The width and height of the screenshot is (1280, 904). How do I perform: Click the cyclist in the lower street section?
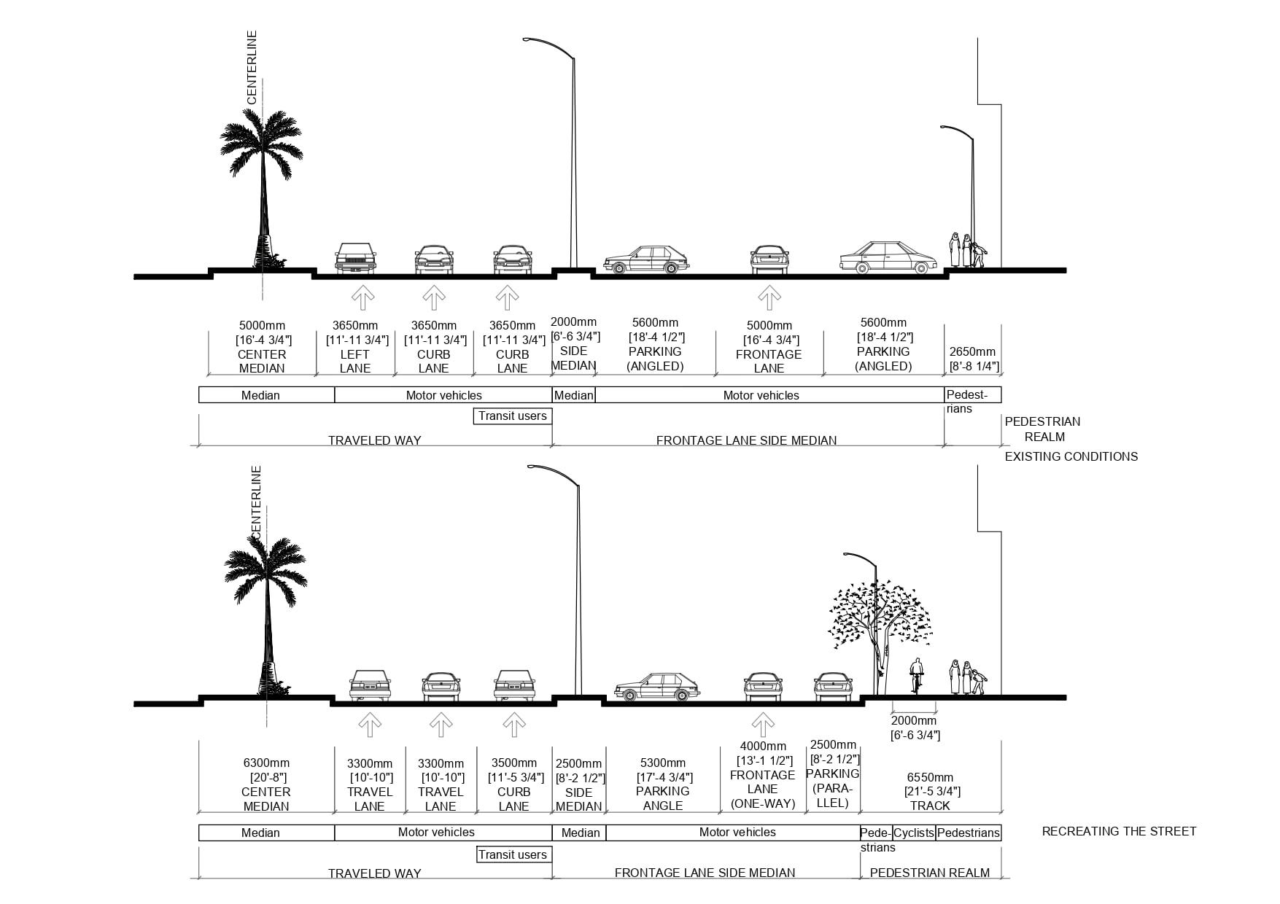pos(916,676)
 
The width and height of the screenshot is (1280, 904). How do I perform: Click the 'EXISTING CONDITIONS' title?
pos(1071,456)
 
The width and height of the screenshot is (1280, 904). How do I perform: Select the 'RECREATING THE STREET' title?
pos(1119,831)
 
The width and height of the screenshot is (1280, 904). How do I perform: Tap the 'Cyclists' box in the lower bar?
pos(914,833)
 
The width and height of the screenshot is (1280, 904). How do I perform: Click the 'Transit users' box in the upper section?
pos(512,416)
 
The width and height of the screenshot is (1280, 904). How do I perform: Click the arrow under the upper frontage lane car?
pos(769,297)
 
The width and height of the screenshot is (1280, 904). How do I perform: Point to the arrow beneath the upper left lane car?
pos(362,297)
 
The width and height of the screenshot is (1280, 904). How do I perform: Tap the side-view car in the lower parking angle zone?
pos(656,687)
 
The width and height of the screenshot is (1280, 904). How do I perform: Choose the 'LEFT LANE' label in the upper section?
pos(355,362)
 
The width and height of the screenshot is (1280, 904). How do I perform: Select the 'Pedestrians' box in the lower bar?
pos(969,833)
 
